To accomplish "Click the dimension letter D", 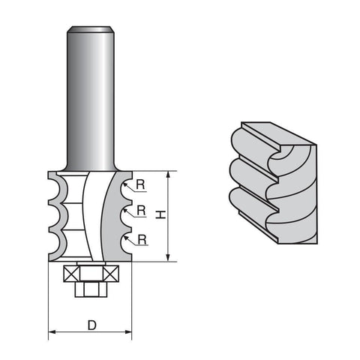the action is coord(92,325).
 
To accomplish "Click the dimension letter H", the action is coord(160,214).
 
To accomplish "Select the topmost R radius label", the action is coord(140,184).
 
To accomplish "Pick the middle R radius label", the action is coord(141,211).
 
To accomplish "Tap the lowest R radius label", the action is coord(142,240).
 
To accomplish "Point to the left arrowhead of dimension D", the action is coord(52,332).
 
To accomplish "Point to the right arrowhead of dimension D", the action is coord(128,332).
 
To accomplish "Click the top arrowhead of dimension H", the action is coord(168,175).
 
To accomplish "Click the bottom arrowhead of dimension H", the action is coord(168,258).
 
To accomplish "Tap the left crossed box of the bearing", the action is coord(71,274).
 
